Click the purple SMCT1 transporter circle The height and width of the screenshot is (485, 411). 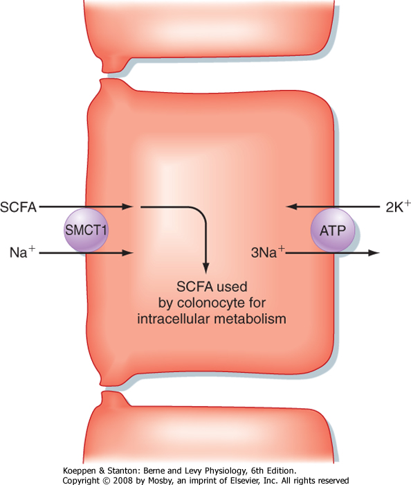pyautogui.click(x=86, y=230)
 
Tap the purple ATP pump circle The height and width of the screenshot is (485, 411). pyautogui.click(x=333, y=230)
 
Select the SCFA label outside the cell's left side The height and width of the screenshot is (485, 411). pyautogui.click(x=18, y=207)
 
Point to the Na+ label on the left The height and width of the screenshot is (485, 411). pyautogui.click(x=22, y=252)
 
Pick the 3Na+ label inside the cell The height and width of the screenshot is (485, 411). pyautogui.click(x=268, y=252)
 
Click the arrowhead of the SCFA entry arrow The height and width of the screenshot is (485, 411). pyautogui.click(x=127, y=206)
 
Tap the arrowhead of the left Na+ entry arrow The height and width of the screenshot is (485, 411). pyautogui.click(x=127, y=253)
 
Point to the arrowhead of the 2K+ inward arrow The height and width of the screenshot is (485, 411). pyautogui.click(x=292, y=206)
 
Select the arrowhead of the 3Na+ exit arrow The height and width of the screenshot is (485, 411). pyautogui.click(x=374, y=253)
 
